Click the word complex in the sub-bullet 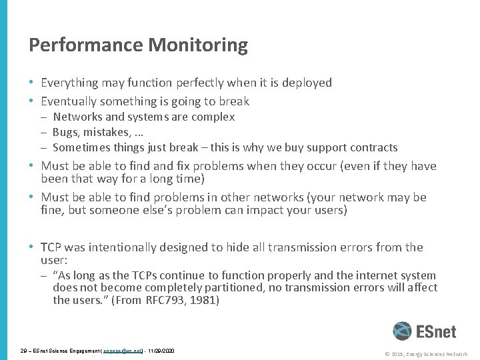[x=213, y=117]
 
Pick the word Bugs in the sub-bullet [x=65, y=132]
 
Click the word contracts [x=374, y=147]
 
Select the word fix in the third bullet [x=171, y=165]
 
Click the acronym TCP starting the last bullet [x=53, y=247]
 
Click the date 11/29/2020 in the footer [x=161, y=350]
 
